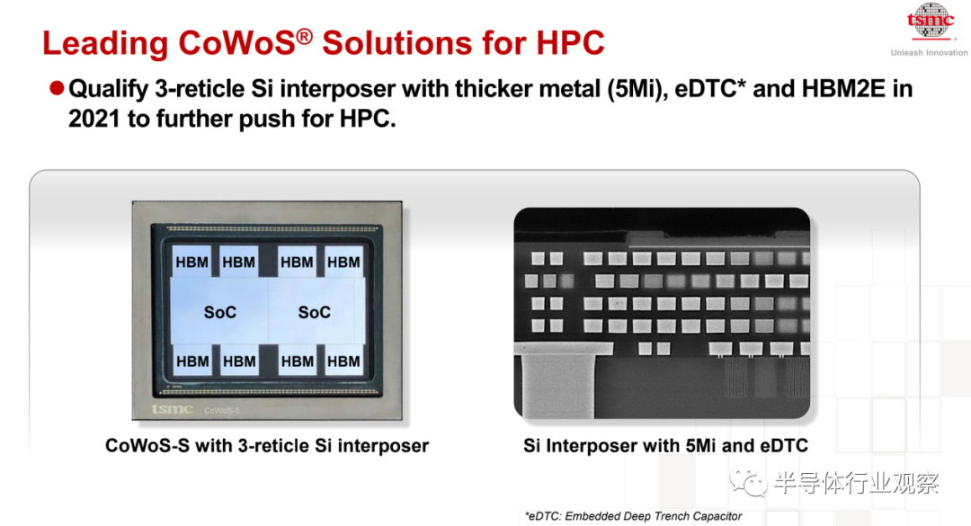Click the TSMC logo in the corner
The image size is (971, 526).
(x=931, y=22)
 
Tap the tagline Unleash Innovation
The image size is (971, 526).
(x=929, y=53)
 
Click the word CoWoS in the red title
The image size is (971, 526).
(x=236, y=43)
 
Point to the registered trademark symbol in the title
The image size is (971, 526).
(x=304, y=37)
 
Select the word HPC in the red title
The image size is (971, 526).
(x=570, y=43)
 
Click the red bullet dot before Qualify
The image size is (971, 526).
(x=57, y=89)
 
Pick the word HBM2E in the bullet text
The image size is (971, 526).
(x=843, y=89)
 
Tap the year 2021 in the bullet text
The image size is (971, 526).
(x=94, y=119)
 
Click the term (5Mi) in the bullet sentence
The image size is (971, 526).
(x=635, y=89)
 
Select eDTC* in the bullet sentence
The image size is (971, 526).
(x=709, y=89)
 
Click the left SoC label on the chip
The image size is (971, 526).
(x=220, y=312)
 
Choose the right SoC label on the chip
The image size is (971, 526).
(x=315, y=312)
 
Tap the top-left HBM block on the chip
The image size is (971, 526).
(x=192, y=262)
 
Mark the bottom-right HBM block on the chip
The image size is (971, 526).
(x=343, y=361)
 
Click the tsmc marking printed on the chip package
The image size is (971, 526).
(x=172, y=409)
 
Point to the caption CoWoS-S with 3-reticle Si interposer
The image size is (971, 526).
(x=267, y=445)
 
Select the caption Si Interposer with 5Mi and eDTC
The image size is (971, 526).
(x=665, y=445)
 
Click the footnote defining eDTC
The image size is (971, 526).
(x=633, y=516)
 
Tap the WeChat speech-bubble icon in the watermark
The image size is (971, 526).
(x=748, y=482)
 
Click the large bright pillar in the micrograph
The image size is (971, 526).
(x=558, y=383)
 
